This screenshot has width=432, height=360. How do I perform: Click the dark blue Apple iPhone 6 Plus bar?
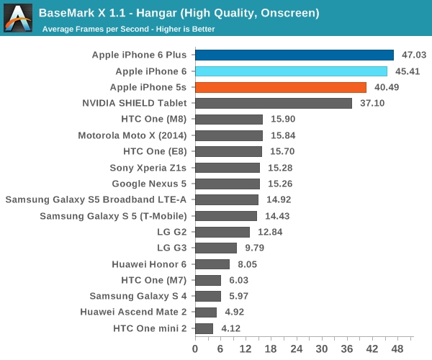click(x=294, y=55)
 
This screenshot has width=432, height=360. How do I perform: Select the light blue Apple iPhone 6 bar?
click(x=291, y=71)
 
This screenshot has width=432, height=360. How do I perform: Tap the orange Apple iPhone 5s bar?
click(x=281, y=87)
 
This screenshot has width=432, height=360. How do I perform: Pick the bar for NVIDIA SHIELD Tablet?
click(x=274, y=103)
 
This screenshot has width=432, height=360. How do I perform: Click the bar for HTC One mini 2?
click(x=204, y=328)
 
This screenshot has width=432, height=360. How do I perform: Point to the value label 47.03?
click(x=414, y=55)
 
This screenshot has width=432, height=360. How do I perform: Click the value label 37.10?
click(x=372, y=103)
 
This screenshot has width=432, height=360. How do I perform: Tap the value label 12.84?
click(x=270, y=232)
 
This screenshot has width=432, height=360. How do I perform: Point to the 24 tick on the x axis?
click(x=297, y=348)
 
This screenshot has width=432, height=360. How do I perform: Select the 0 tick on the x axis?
click(x=195, y=348)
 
